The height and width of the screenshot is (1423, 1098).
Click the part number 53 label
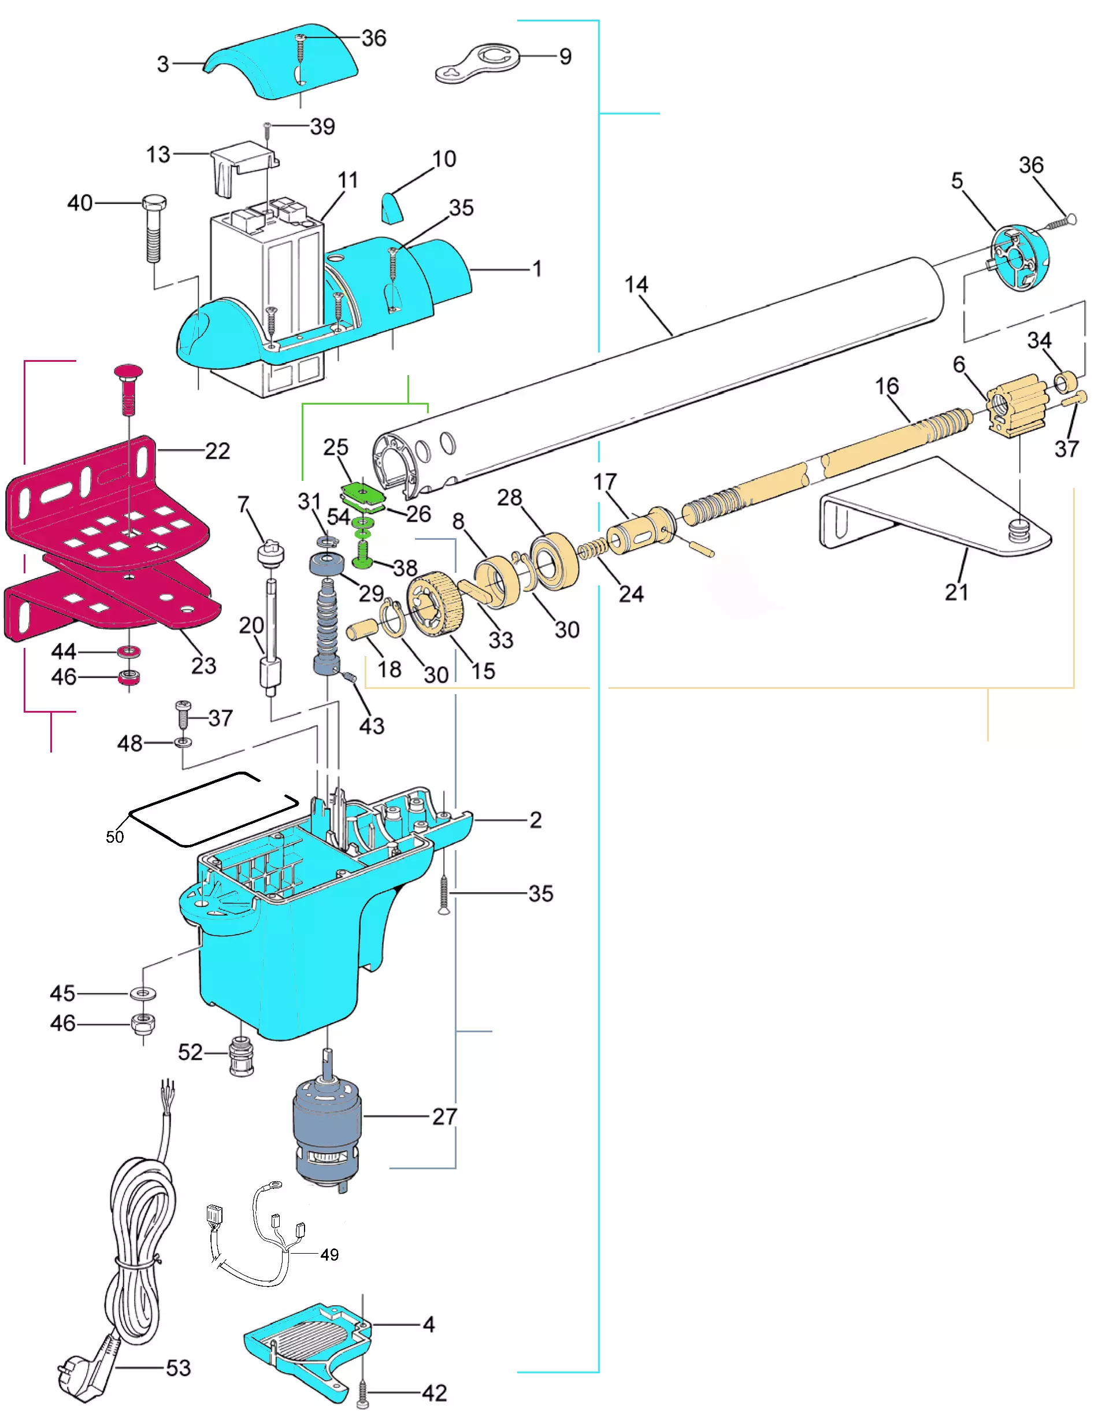[x=178, y=1368]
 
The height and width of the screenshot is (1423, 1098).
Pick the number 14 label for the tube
[x=636, y=285]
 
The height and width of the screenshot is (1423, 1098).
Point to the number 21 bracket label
[x=956, y=592]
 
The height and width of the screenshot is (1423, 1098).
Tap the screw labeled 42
[x=363, y=1392]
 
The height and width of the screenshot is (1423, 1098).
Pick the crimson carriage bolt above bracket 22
[x=129, y=388]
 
